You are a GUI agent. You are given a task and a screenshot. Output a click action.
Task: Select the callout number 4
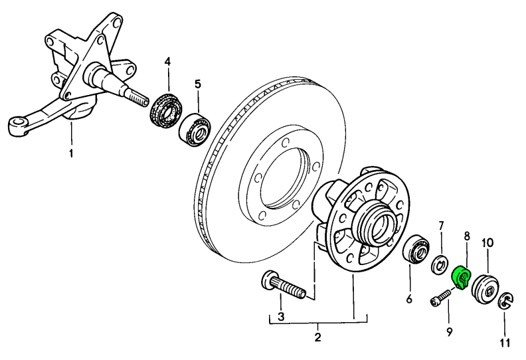[x=167, y=62]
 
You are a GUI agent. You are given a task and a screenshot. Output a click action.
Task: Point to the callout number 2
[x=317, y=337]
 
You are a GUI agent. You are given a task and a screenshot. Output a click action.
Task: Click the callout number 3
[x=281, y=317]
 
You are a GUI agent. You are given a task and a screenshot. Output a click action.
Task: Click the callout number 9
[x=449, y=330]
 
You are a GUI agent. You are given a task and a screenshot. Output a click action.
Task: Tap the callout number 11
[x=505, y=343]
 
